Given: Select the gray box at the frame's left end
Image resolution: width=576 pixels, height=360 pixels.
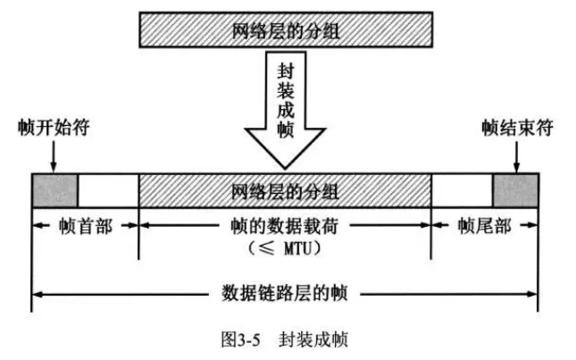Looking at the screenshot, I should pos(54,189).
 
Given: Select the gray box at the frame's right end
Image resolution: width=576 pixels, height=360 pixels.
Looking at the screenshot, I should pos(515,189).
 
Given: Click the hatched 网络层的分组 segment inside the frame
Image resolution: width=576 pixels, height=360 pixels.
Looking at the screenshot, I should pos(285,189).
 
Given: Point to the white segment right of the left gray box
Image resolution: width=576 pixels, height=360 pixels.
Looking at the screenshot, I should pos(108,189).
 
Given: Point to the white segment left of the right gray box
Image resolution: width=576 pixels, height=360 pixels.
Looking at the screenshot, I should pos(462,189).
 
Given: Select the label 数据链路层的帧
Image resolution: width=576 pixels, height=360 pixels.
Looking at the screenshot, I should pos(285,292).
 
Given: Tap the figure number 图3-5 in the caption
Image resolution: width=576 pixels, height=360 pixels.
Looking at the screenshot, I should pos(238,339).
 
